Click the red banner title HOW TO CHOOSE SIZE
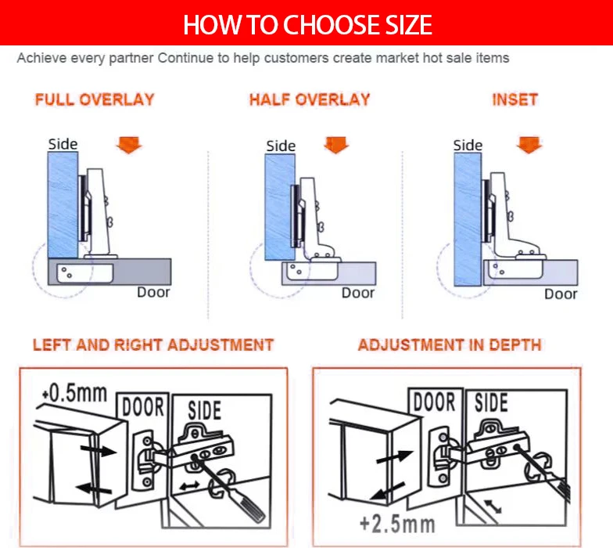click(306, 24)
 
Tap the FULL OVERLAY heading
click(95, 100)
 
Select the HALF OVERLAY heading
click(309, 100)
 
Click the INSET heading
click(514, 100)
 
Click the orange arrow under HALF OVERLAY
click(336, 145)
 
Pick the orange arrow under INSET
click(529, 145)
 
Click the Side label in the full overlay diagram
click(63, 144)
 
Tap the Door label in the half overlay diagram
click(358, 293)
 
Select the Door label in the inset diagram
click(561, 294)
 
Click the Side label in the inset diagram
click(468, 145)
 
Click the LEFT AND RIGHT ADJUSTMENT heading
click(153, 345)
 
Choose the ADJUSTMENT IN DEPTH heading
click(450, 345)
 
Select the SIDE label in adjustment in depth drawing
click(491, 402)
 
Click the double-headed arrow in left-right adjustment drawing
click(189, 486)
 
